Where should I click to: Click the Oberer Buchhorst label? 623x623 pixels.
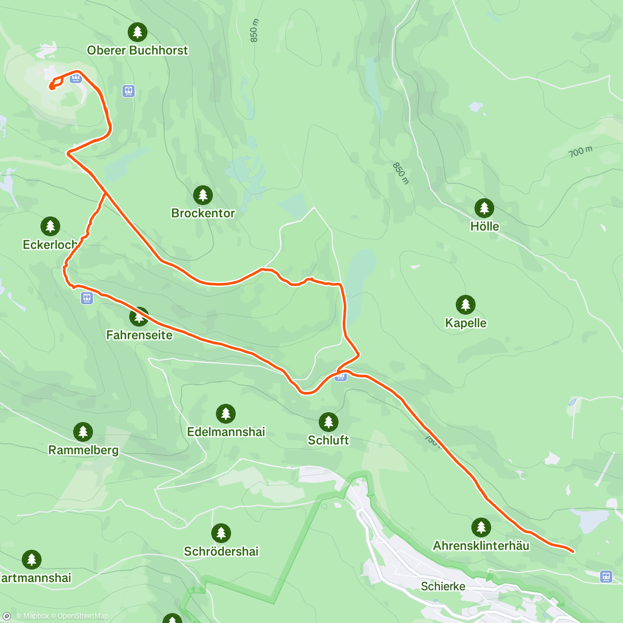pos(137,50)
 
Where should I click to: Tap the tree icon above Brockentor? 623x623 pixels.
pos(203,195)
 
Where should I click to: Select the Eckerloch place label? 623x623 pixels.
pos(50,245)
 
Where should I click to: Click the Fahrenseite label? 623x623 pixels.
pos(139,335)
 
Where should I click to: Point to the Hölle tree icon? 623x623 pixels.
pos(484,208)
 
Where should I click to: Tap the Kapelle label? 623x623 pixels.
pos(466,323)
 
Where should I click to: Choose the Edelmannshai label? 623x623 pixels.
pos(226,431)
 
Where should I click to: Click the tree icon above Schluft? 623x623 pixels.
pos(328,422)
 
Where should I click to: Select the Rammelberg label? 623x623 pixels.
pos(83,450)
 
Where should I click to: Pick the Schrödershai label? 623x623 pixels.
pos(221,551)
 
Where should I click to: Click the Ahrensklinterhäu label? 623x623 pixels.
pos(481,546)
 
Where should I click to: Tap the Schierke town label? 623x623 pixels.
pos(443,586)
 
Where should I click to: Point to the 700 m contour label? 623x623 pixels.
pos(580,152)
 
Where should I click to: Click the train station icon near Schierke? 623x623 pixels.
pos(606,576)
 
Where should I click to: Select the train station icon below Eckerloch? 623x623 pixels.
pos(87,298)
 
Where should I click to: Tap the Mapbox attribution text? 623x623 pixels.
pos(36,616)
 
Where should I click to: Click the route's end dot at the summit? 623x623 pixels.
pos(52,87)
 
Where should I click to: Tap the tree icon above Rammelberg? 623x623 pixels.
pos(83,431)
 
